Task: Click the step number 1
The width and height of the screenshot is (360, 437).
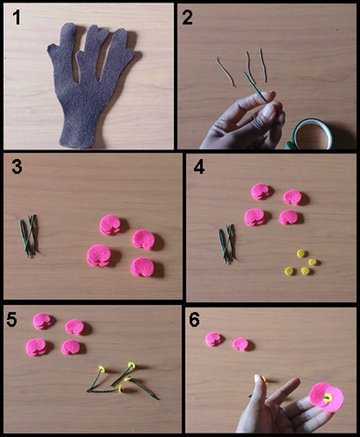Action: click(17, 17)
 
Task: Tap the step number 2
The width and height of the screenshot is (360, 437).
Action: click(187, 17)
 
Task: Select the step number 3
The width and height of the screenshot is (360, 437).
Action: click(17, 167)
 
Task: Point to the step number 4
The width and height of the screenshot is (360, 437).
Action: click(199, 167)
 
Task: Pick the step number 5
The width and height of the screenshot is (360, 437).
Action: click(12, 319)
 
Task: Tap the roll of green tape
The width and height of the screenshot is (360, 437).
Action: click(312, 135)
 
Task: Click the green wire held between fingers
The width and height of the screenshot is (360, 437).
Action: click(255, 87)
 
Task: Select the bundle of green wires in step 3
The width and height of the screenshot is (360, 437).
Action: click(29, 236)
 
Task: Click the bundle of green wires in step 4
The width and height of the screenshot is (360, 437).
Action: click(228, 244)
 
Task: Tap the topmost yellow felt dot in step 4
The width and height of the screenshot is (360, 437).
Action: click(301, 253)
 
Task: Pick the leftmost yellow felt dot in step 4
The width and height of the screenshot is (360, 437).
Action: click(289, 271)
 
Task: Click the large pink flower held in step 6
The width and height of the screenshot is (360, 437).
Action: click(327, 397)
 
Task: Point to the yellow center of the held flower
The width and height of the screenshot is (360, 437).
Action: click(328, 397)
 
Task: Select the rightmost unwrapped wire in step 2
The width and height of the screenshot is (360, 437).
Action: click(264, 66)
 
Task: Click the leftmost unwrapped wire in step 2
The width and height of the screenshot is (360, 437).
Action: click(225, 71)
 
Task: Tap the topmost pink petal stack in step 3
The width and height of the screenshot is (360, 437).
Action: click(110, 225)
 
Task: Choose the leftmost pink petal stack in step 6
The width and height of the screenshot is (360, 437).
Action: click(214, 339)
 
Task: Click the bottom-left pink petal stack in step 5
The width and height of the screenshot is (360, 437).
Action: click(36, 347)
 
